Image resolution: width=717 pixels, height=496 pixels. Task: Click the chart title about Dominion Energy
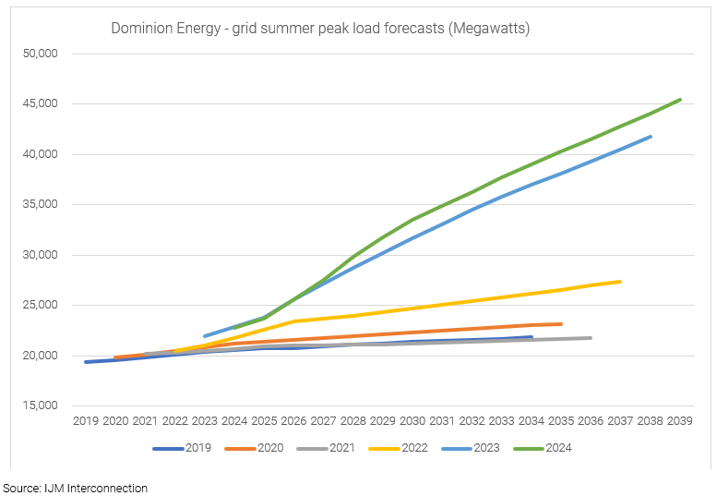(319, 29)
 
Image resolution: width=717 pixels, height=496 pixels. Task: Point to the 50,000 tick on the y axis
(40, 54)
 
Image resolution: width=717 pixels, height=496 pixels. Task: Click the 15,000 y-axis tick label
(40, 405)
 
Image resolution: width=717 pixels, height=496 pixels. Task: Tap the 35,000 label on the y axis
(40, 204)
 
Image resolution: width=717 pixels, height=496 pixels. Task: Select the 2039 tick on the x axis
(680, 421)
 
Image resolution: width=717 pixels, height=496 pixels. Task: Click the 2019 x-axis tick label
(86, 421)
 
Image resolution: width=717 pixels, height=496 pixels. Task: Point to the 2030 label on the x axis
(412, 421)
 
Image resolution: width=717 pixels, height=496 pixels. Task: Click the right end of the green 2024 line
(680, 100)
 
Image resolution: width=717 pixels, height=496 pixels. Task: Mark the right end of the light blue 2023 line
(651, 137)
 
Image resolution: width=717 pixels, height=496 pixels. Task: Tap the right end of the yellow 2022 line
(620, 282)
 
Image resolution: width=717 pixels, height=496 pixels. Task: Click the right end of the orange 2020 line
(561, 324)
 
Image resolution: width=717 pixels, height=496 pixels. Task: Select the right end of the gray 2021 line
(591, 338)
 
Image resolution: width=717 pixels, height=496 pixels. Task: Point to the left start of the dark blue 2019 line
(86, 362)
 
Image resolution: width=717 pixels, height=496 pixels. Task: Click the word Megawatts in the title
(484, 29)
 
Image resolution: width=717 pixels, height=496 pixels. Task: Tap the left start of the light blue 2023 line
(205, 336)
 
